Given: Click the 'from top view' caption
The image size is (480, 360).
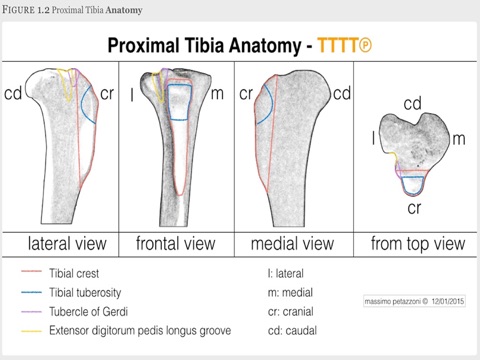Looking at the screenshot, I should point(418,243).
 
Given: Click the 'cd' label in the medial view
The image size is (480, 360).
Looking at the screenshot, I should point(341,94).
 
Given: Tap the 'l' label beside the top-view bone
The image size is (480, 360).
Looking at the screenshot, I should point(373,139).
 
